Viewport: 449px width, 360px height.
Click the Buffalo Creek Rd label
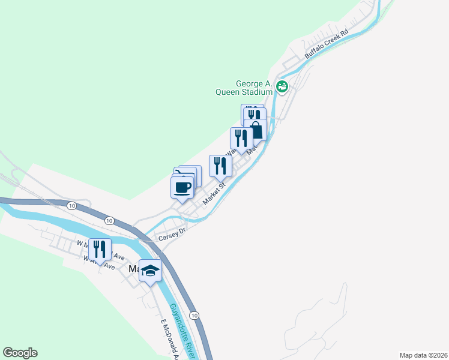[327, 44]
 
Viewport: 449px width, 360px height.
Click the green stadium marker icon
[283, 87]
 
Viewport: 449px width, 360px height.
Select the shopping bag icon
[257, 130]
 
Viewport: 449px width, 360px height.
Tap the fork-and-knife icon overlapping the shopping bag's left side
[241, 138]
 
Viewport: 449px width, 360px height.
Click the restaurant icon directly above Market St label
[220, 166]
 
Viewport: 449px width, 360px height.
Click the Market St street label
[213, 193]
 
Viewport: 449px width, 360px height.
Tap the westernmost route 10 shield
[72, 206]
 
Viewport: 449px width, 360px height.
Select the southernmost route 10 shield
[193, 315]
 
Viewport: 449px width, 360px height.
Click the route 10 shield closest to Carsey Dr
[109, 221]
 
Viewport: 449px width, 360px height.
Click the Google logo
[20, 353]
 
